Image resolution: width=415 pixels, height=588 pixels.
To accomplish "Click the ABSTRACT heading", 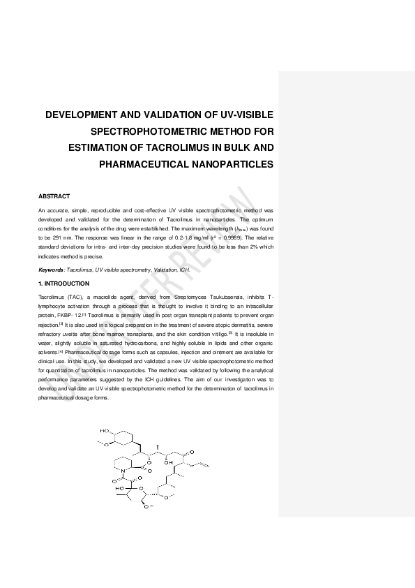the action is click(54, 196).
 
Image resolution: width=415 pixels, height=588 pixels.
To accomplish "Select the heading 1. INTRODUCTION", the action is click(63, 284).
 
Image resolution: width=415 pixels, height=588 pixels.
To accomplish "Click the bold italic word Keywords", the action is click(51, 269).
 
